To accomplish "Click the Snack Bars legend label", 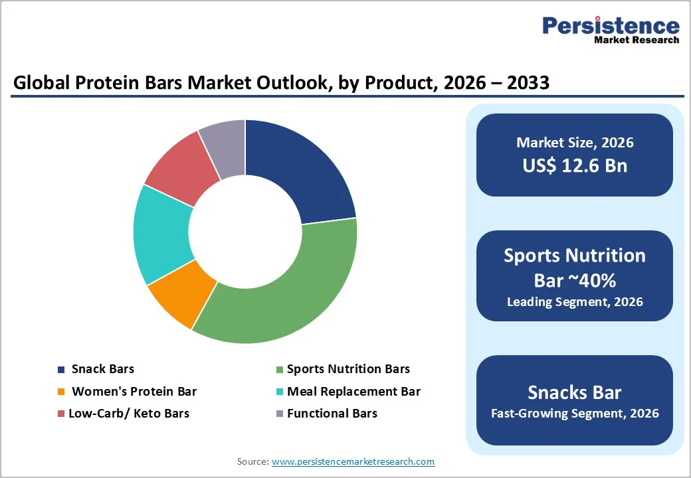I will [x=103, y=369].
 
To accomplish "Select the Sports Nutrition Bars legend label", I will [x=348, y=369].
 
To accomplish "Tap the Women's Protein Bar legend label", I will [x=134, y=392].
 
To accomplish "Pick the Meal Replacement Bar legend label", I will [x=353, y=392].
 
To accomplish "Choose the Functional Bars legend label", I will [x=332, y=414].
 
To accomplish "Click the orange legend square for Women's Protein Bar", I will [x=62, y=392].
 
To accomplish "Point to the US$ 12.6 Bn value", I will [x=575, y=165].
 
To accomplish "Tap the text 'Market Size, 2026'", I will [x=575, y=143].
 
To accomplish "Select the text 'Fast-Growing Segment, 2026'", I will [x=575, y=414].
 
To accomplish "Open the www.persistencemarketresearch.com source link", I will [x=353, y=461].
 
